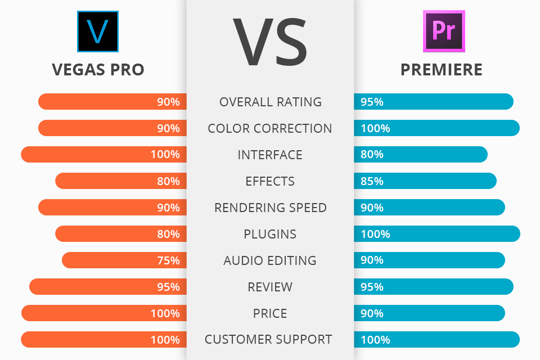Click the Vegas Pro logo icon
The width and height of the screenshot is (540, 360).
[98, 31]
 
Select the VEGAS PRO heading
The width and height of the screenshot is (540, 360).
[98, 69]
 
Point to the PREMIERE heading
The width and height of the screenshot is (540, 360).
[442, 69]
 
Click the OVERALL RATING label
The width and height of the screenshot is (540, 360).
[271, 102]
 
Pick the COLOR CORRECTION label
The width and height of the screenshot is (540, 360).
[270, 128]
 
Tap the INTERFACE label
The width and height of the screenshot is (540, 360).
[270, 155]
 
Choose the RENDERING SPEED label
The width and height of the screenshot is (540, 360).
[271, 208]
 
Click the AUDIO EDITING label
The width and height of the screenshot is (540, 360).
[270, 260]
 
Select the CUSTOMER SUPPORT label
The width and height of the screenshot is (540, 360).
[268, 340]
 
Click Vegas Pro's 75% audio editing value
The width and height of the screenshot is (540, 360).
[168, 260]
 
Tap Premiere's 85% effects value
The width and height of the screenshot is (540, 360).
[372, 181]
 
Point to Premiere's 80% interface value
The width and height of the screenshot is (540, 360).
[372, 155]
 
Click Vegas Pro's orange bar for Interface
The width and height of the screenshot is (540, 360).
[84, 155]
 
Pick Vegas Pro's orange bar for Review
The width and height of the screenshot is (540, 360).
[90, 287]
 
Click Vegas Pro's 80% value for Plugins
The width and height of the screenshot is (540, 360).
[168, 234]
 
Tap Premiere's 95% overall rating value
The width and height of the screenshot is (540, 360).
[372, 102]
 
